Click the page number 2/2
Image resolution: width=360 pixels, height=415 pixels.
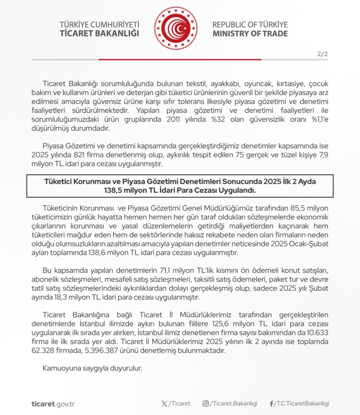point(322,54)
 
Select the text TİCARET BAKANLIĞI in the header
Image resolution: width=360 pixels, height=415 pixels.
point(99,33)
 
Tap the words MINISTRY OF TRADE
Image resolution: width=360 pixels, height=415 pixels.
point(250,34)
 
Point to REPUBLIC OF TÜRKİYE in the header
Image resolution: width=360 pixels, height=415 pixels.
point(250,24)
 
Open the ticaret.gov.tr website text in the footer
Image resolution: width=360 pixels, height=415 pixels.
point(53,404)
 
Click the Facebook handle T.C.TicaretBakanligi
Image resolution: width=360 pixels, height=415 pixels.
point(302,403)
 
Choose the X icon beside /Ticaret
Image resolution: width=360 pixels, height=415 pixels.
point(165,403)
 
